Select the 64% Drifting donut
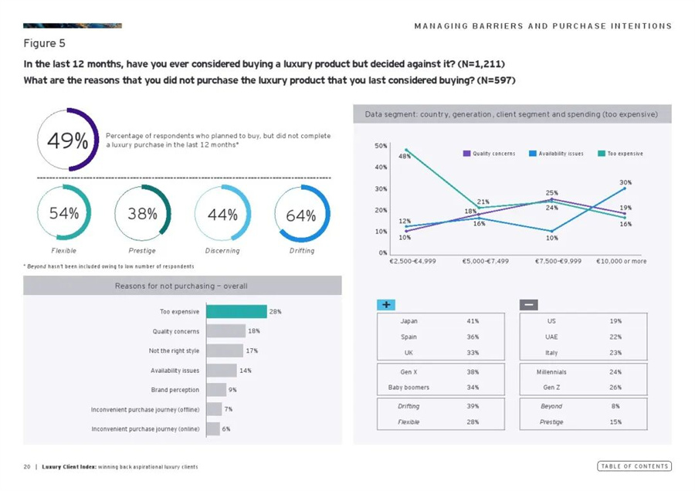coord(301,215)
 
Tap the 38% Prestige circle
coord(142,215)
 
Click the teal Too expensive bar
coord(236,312)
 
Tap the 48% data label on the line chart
coord(404,157)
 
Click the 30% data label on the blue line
coord(625,182)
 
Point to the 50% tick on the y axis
coord(381,145)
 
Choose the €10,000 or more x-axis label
coord(622,262)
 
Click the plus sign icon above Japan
coord(386,304)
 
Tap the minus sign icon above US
coord(529,304)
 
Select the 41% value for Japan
coord(473,320)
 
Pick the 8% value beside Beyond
coord(615,406)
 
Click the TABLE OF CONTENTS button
coord(634,466)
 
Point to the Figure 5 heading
coord(45,43)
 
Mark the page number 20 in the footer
coord(27,467)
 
